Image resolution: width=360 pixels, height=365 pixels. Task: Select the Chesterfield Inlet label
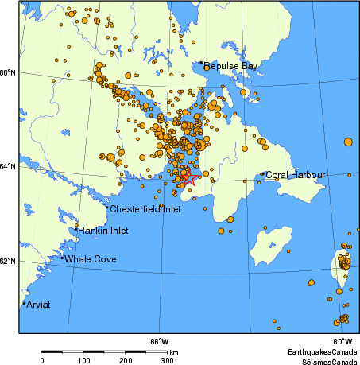pyautogui.click(x=145, y=209)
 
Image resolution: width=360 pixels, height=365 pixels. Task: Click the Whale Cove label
pyautogui.click(x=90, y=259)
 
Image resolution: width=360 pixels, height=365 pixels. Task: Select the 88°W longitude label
pyautogui.click(x=160, y=342)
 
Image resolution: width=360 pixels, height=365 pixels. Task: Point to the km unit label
pyautogui.click(x=173, y=352)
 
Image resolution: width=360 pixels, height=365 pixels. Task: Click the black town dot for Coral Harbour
pyautogui.click(x=263, y=173)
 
